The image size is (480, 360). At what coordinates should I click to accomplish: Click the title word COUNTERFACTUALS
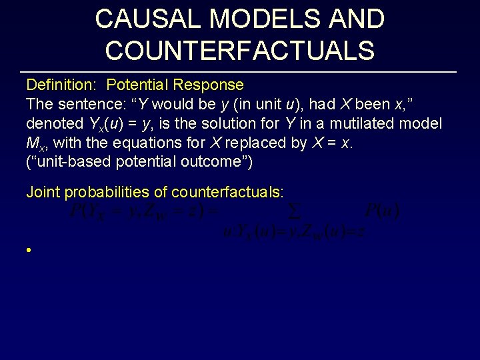[239, 50]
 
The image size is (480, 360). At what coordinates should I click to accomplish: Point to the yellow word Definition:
[63, 85]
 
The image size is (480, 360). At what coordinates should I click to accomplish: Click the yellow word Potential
[137, 85]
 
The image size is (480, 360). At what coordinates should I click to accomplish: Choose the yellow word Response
[208, 85]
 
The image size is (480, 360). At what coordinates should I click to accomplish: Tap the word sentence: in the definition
[87, 105]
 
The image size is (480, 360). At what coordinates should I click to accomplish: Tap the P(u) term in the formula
[382, 212]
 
